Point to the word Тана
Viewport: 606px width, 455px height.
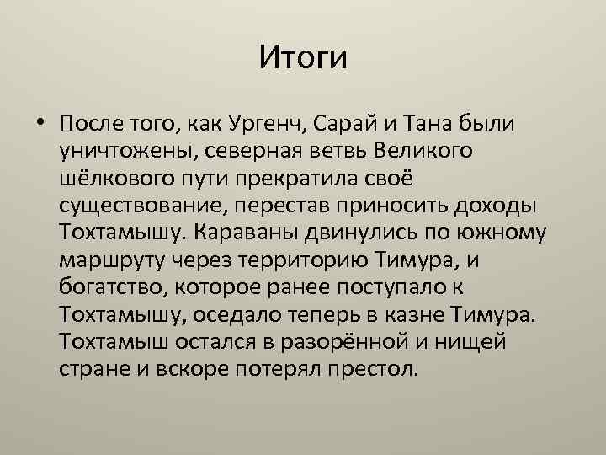click(427, 125)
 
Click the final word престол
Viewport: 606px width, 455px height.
click(378, 368)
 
